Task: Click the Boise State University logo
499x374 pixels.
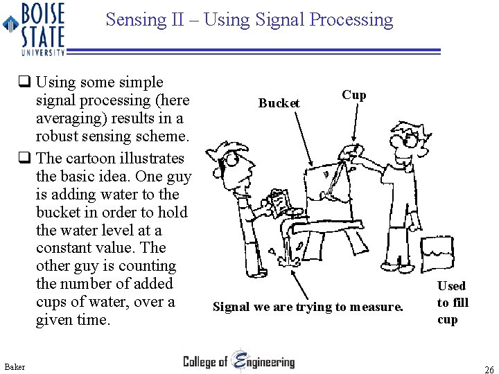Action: click(35, 28)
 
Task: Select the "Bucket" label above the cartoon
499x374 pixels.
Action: click(279, 103)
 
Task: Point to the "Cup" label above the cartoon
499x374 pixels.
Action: click(353, 95)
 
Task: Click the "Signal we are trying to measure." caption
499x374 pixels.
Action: click(307, 306)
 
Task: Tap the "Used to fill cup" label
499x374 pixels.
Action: click(452, 303)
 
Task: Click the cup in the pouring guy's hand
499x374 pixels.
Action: click(353, 151)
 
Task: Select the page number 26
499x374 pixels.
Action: click(489, 370)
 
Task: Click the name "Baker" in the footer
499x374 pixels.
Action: click(14, 366)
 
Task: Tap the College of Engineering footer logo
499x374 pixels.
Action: click(238, 361)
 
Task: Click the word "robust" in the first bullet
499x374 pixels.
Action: click(58, 136)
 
